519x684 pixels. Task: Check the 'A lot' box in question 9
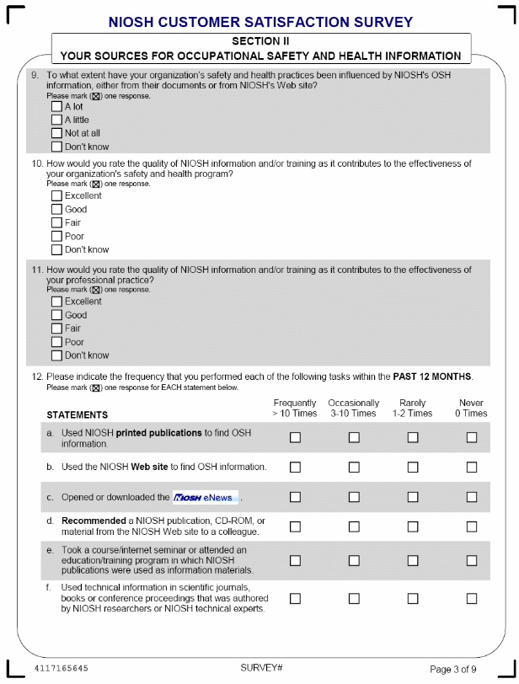[56, 107]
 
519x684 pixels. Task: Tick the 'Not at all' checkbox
[56, 133]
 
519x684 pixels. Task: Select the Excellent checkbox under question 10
[56, 196]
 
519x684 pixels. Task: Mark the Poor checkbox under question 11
[56, 342]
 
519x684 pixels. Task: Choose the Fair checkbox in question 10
[56, 223]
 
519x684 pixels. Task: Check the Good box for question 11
[56, 315]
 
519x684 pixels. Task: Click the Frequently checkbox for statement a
[295, 437]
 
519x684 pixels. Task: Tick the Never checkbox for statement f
[472, 598]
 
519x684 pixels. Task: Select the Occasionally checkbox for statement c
[354, 497]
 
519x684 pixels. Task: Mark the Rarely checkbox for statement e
[413, 560]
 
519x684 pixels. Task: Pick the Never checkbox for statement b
[472, 467]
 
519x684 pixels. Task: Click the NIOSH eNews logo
[206, 497]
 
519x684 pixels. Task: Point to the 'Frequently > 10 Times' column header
[294, 409]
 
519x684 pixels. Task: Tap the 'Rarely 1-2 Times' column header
[412, 409]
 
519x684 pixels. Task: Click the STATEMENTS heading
[78, 415]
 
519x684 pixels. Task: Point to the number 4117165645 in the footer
[61, 668]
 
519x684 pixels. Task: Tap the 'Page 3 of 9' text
[458, 669]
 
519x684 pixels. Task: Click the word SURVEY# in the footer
[261, 668]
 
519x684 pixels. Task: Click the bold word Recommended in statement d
[94, 521]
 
